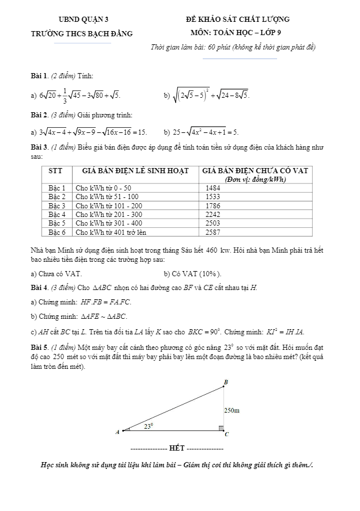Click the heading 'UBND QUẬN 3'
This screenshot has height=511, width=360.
84,20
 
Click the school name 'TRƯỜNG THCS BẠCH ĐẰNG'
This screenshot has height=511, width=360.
82,33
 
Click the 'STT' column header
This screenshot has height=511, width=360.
55,170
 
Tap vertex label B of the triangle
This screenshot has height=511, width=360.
225,382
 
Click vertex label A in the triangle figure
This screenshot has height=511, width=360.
118,431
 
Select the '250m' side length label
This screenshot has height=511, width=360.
232,410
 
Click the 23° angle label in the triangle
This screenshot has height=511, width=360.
149,425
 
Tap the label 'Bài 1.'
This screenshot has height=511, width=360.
40,75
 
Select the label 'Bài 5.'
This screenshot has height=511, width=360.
40,348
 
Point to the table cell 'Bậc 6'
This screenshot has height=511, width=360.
56,232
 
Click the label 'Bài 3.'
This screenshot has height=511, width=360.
40,148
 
